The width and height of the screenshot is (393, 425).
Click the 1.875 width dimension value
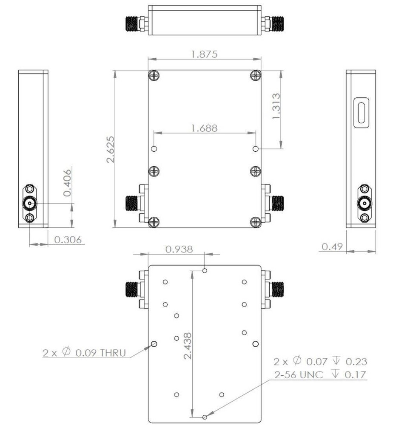pos(204,54)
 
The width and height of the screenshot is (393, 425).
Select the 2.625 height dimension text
pos(111,149)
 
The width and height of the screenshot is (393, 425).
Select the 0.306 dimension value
pos(67,240)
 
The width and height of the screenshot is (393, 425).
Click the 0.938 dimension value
pos(179,249)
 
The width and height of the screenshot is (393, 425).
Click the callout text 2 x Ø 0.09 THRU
pos(84,352)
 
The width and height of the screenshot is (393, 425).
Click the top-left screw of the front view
pos(154,76)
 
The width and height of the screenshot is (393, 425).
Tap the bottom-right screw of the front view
pos(255,221)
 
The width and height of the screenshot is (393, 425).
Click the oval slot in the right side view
pos(361,112)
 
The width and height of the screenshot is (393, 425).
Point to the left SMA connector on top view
pos(135,24)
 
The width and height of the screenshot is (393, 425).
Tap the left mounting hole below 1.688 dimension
pos(154,149)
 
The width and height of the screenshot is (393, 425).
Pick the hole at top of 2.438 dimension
pos(205,270)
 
